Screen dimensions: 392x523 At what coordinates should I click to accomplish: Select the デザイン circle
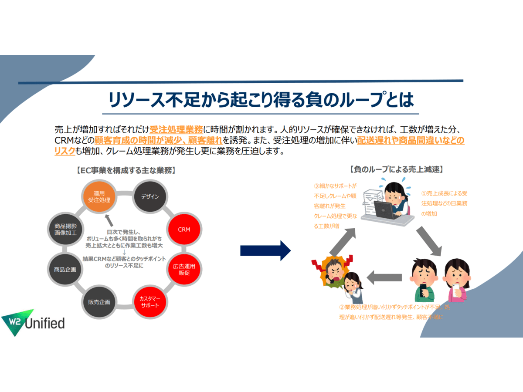(x=149, y=196)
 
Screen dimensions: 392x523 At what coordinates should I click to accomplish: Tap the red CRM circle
(x=184, y=229)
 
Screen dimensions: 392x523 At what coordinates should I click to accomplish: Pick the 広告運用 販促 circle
(x=184, y=269)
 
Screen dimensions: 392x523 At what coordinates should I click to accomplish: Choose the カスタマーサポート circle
(x=149, y=302)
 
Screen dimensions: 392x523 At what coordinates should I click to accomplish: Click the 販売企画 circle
(x=99, y=302)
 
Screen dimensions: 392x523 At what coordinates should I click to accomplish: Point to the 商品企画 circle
(x=65, y=269)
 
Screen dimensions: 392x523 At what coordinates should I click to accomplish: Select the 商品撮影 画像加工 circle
(x=65, y=229)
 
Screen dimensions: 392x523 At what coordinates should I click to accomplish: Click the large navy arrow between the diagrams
(x=265, y=250)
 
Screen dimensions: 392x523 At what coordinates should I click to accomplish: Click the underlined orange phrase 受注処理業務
(x=176, y=129)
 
